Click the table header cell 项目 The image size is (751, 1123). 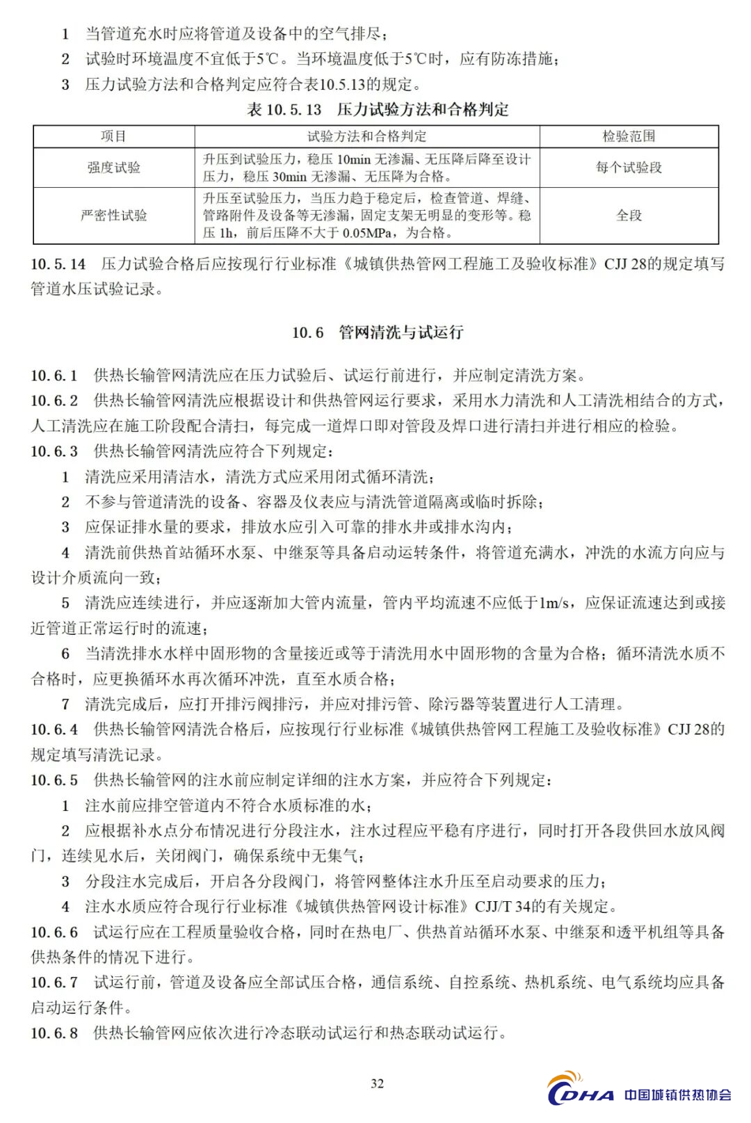(x=113, y=136)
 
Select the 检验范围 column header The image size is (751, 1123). (x=629, y=136)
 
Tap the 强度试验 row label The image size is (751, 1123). (x=113, y=168)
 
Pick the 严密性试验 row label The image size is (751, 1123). (x=113, y=216)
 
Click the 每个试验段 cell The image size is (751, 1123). (x=629, y=168)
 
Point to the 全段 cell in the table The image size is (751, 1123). (x=629, y=216)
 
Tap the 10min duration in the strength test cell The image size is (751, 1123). (x=354, y=159)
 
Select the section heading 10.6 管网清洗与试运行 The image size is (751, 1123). (x=377, y=332)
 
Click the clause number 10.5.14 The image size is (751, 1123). (x=58, y=264)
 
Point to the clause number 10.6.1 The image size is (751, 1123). (x=54, y=376)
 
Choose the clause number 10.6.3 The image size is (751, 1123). (x=54, y=451)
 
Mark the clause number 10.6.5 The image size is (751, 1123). (x=54, y=780)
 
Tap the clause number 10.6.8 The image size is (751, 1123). (x=54, y=1033)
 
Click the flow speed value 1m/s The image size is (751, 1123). (x=554, y=603)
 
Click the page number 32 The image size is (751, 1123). (x=377, y=1083)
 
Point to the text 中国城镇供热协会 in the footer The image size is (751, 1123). (x=677, y=1094)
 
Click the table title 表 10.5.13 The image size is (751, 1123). (x=284, y=110)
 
